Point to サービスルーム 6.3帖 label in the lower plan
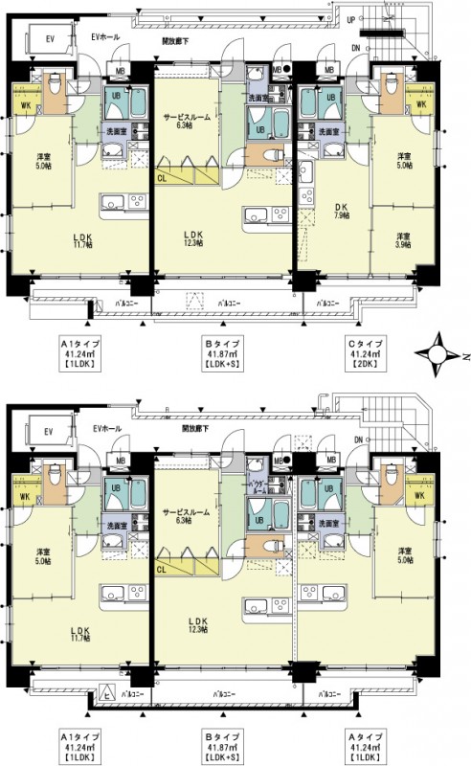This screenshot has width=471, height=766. click(187, 515)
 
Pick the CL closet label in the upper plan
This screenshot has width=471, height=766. click(162, 178)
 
